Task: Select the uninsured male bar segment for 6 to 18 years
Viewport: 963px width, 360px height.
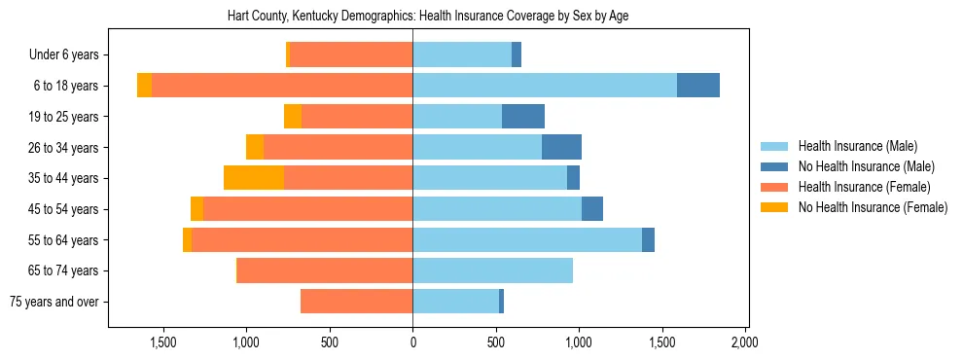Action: pyautogui.click(x=697, y=86)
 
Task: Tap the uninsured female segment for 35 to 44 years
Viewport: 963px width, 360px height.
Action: pyautogui.click(x=253, y=178)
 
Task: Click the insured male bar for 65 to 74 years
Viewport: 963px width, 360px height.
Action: pyautogui.click(x=492, y=270)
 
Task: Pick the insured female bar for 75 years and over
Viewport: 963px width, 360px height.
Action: pyautogui.click(x=356, y=302)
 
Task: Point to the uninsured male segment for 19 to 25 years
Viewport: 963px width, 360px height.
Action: pyautogui.click(x=523, y=117)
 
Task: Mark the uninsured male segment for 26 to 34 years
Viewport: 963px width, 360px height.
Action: pyautogui.click(x=561, y=147)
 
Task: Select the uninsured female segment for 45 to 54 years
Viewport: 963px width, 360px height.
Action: pyautogui.click(x=196, y=209)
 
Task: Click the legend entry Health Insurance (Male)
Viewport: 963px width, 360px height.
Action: pyautogui.click(x=857, y=146)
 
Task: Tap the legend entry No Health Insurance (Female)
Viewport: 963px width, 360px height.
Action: pyautogui.click(x=873, y=207)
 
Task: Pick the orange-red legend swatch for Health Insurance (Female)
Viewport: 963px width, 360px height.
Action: pyautogui.click(x=773, y=187)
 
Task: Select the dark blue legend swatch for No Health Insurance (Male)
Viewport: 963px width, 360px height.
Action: pyautogui.click(x=773, y=166)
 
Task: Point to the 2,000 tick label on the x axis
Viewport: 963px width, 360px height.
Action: pyautogui.click(x=745, y=342)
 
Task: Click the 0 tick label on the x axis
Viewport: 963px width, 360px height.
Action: pyautogui.click(x=412, y=342)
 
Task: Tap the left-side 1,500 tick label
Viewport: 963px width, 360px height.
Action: pyautogui.click(x=162, y=342)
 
